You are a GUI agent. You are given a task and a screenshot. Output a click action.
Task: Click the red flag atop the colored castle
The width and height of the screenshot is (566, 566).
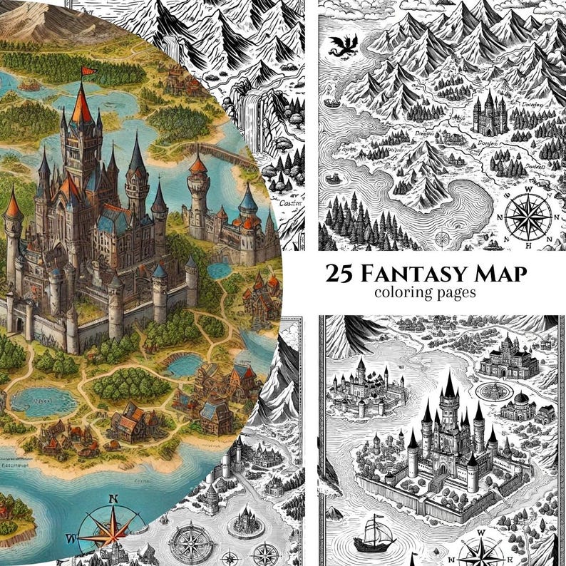(x=88, y=71)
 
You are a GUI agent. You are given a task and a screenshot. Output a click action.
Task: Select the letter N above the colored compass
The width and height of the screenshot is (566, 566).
(x=113, y=499)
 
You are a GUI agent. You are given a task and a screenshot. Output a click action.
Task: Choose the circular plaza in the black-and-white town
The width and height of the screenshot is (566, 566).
(x=491, y=391)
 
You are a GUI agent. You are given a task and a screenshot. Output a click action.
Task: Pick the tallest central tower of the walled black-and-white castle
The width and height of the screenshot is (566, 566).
(x=449, y=407)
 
